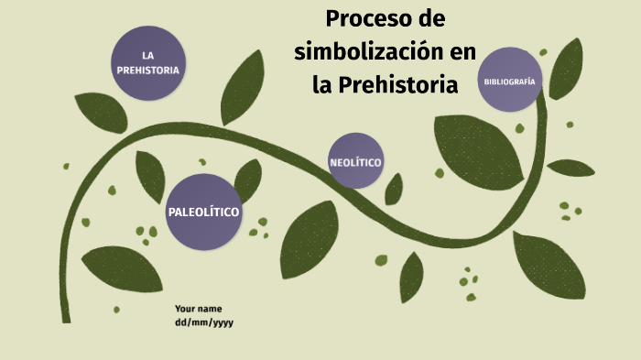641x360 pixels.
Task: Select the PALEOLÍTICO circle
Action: (x=203, y=212)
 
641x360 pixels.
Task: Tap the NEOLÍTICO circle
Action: (x=355, y=163)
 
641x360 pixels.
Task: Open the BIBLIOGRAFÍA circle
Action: (x=510, y=82)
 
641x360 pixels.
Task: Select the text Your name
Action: (x=198, y=309)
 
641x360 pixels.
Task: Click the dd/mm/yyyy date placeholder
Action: (x=204, y=322)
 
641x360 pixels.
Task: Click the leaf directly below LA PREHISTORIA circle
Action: (x=100, y=113)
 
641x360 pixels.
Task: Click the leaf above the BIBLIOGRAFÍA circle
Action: (x=565, y=68)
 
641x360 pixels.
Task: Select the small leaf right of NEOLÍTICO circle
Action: (x=394, y=189)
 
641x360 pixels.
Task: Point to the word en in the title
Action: (x=463, y=52)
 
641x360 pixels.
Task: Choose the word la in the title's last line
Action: (x=323, y=85)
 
